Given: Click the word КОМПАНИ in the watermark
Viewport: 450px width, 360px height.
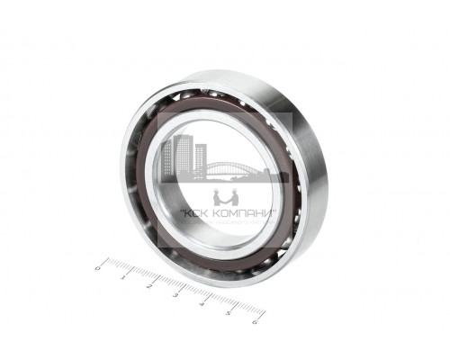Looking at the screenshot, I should (238, 217).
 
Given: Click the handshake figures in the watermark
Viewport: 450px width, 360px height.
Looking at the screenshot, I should (224, 197).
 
